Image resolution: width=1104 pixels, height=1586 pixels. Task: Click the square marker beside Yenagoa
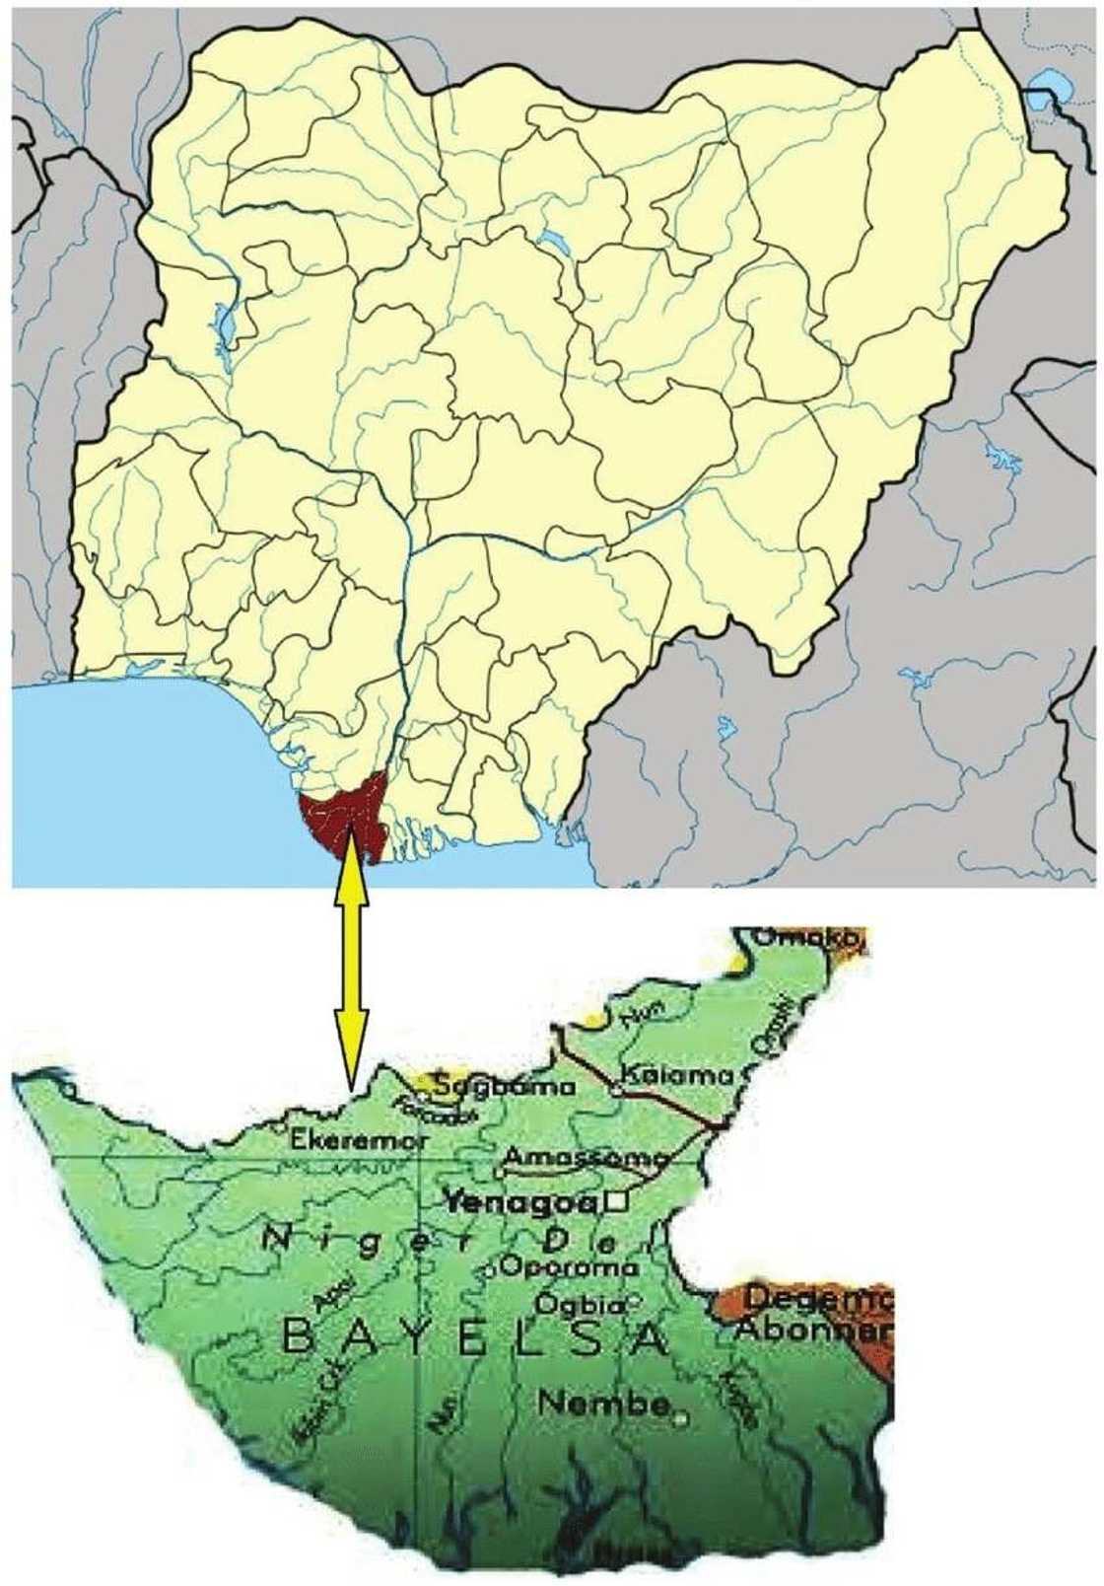pyautogui.click(x=618, y=1200)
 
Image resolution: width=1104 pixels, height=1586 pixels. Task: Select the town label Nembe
pyautogui.click(x=604, y=1403)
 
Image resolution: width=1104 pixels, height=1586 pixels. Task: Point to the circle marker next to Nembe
pyautogui.click(x=680, y=1418)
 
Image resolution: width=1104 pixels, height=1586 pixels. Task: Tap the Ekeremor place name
pyautogui.click(x=359, y=1141)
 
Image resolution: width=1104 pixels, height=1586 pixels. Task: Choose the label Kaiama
pyautogui.click(x=677, y=1075)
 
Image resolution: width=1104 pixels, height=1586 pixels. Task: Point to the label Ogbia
pyautogui.click(x=580, y=1304)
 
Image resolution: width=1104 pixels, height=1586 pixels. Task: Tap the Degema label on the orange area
pyautogui.click(x=819, y=1299)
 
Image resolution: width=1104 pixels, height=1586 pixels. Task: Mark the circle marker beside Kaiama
pyautogui.click(x=616, y=1090)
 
